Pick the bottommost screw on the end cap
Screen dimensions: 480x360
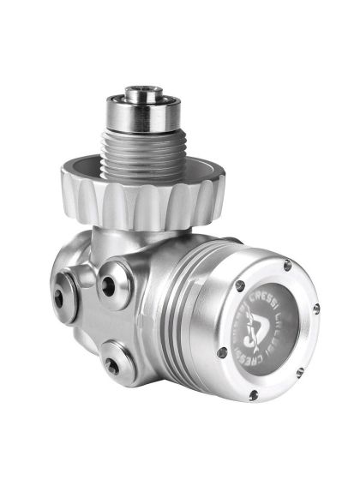255,395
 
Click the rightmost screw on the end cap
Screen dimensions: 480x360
316,307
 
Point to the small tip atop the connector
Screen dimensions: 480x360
136,90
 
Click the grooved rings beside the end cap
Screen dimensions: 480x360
183,309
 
